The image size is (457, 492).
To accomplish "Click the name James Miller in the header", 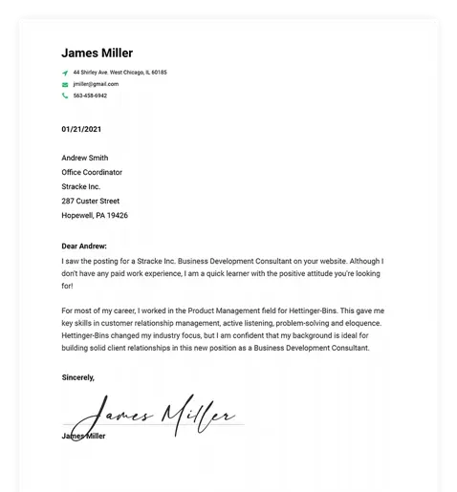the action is coord(97,53).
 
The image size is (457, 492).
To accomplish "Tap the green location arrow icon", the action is coord(65,73).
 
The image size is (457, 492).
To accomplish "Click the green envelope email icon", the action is coord(65,84).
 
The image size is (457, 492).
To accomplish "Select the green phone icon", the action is coord(65,96).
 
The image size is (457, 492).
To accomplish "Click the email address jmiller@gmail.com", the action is coord(96,84).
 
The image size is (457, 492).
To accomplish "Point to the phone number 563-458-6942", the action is coord(90,96).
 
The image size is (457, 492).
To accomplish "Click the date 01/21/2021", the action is coord(81,128).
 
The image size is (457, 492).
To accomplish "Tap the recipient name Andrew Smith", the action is coord(84,158).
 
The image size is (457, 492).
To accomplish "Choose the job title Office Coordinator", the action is coord(92,172).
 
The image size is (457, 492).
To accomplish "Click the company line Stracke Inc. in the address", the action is coord(80,186).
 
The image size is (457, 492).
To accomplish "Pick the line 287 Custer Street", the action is coord(90,202).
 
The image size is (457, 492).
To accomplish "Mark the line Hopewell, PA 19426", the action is coord(94,216).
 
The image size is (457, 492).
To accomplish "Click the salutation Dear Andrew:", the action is coord(84,246).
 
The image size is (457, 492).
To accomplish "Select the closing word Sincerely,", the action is coord(78,377).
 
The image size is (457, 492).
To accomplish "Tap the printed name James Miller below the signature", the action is coord(83,436).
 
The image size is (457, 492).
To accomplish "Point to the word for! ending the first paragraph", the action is coord(67,286).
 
